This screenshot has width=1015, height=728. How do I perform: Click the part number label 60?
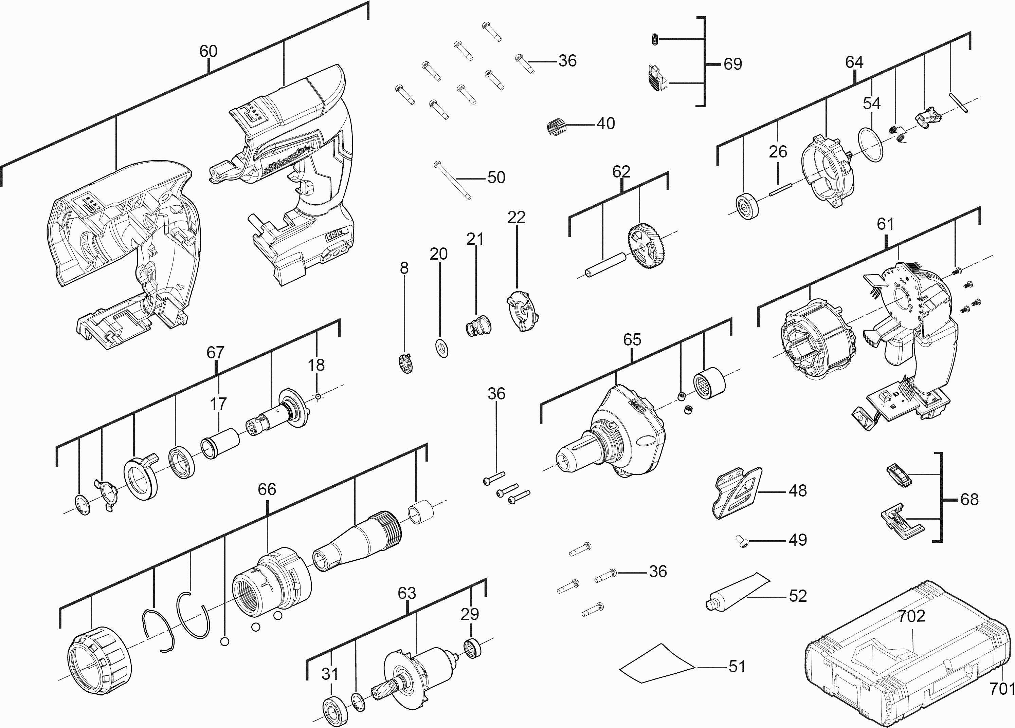(208, 52)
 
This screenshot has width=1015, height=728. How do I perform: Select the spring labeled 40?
(557, 127)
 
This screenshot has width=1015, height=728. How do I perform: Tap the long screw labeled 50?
(452, 181)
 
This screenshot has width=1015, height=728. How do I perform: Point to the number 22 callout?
(516, 217)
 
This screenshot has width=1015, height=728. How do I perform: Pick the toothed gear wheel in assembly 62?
(647, 246)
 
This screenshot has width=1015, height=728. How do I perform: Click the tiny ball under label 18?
(318, 396)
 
